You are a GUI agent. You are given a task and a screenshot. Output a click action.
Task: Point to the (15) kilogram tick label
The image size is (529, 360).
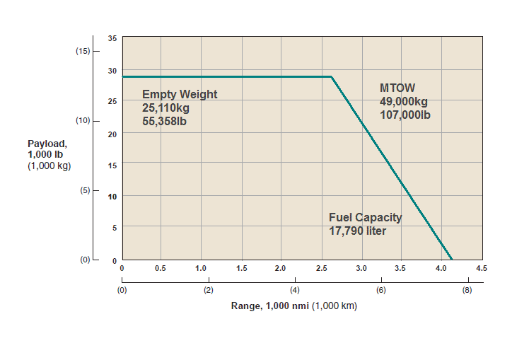click(82, 51)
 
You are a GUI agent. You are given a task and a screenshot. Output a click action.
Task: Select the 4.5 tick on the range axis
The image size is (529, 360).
click(482, 269)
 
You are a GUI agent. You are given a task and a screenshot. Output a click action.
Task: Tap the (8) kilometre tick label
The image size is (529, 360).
click(467, 290)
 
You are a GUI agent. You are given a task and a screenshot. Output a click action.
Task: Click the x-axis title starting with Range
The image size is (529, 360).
click(293, 306)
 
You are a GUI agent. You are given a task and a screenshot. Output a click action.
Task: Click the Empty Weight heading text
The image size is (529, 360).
click(180, 94)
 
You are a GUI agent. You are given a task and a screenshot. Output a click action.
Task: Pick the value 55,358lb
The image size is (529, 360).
click(169, 121)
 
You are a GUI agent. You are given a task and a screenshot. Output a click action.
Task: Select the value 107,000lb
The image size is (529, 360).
click(405, 115)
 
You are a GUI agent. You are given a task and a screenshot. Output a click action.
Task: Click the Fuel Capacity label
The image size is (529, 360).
click(366, 217)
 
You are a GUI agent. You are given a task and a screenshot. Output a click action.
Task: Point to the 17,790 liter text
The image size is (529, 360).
click(358, 231)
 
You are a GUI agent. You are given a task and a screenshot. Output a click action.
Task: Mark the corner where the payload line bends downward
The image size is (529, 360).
click(332, 76)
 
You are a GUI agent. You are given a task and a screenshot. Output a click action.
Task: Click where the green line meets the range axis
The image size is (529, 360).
click(451, 259)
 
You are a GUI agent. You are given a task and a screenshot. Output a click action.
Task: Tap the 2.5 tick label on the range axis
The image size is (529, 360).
click(322, 269)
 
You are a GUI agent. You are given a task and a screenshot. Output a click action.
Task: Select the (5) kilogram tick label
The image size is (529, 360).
click(84, 190)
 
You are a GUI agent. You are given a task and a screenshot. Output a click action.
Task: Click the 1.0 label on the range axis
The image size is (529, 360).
click(201, 269)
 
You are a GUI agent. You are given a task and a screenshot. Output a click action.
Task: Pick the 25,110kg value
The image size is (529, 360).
click(166, 108)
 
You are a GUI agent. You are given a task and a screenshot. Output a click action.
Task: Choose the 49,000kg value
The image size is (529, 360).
click(404, 101)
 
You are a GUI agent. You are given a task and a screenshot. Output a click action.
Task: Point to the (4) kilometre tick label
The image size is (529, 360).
click(294, 290)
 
